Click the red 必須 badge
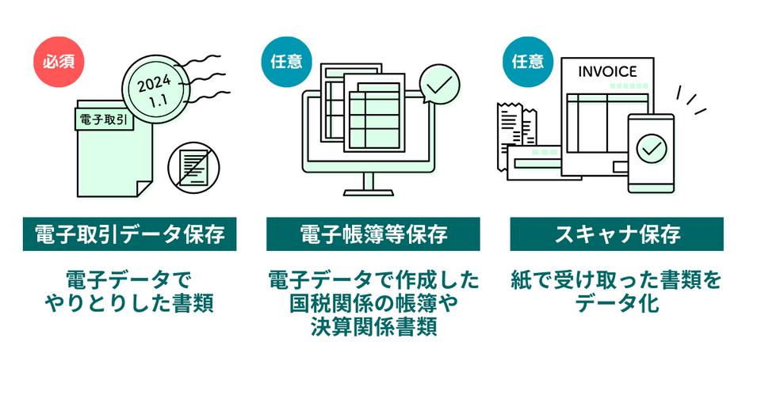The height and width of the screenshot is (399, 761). [57, 61]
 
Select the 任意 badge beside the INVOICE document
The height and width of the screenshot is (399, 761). [527, 61]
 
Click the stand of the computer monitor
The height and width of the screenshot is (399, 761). [369, 183]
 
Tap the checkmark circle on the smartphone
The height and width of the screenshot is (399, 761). [652, 148]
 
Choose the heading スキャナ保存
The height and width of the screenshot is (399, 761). [617, 234]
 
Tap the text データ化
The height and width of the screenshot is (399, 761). [618, 303]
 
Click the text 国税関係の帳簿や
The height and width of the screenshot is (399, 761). [373, 303]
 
